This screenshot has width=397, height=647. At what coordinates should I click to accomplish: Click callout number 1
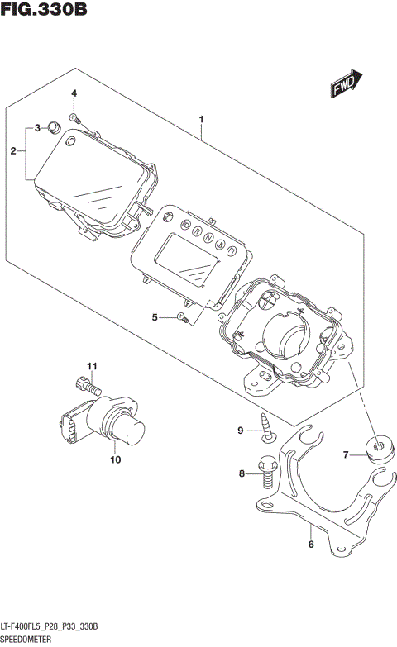pos(201,120)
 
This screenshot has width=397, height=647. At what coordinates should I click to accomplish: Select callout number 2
pos(13,151)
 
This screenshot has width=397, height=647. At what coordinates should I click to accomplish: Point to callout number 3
pos(37,128)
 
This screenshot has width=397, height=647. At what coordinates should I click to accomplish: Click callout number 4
pos(74,95)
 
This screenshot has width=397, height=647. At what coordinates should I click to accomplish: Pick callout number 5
pos(155,317)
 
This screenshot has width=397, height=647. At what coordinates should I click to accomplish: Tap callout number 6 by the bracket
pos(310,544)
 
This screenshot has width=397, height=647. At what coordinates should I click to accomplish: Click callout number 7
pos(347,454)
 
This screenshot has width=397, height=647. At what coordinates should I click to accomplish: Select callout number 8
pos(242,474)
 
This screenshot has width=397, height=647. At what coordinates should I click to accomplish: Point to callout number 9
pos(241,431)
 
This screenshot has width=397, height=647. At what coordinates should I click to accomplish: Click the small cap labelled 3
pos(54,126)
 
